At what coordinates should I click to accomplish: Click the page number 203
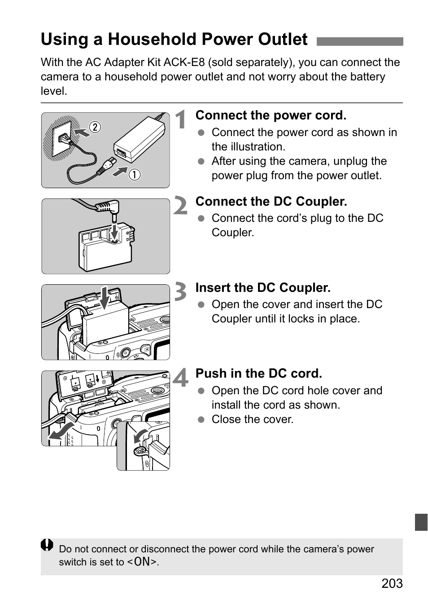(392, 583)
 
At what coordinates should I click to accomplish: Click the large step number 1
(181, 120)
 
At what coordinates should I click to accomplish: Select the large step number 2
(180, 206)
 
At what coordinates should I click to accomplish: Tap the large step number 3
(180, 292)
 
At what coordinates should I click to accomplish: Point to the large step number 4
(181, 378)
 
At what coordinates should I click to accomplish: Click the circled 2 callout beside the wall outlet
(95, 127)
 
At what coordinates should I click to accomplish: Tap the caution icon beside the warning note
(47, 546)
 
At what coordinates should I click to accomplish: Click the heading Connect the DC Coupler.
(271, 202)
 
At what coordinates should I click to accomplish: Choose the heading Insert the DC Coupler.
(263, 288)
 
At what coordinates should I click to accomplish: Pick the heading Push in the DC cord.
(258, 374)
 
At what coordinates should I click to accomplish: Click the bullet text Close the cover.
(253, 419)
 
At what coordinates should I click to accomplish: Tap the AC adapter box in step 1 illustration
(139, 139)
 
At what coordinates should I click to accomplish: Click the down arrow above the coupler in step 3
(105, 297)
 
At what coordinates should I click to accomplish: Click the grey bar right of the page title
(359, 42)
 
